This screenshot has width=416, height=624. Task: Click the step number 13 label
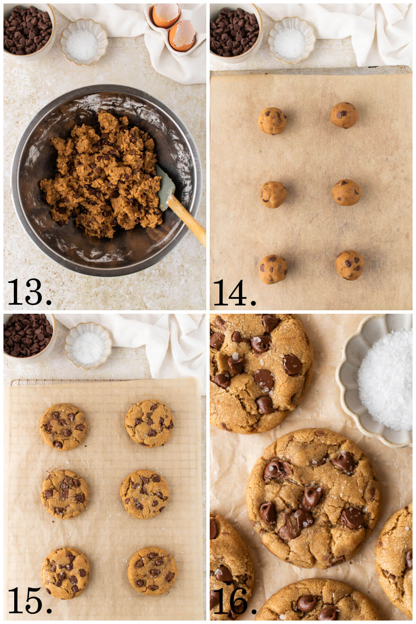coord(29,292)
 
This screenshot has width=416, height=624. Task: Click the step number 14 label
coord(235,292)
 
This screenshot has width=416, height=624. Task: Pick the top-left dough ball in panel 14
coord(272,121)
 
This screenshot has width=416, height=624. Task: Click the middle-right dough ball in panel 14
coord(347,192)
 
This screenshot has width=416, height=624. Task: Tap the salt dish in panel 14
coord(291,41)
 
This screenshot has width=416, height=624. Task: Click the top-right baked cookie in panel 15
coord(149,424)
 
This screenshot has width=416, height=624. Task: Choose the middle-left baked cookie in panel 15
coord(65,494)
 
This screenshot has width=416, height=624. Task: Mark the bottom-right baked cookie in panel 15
coord(152,571)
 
